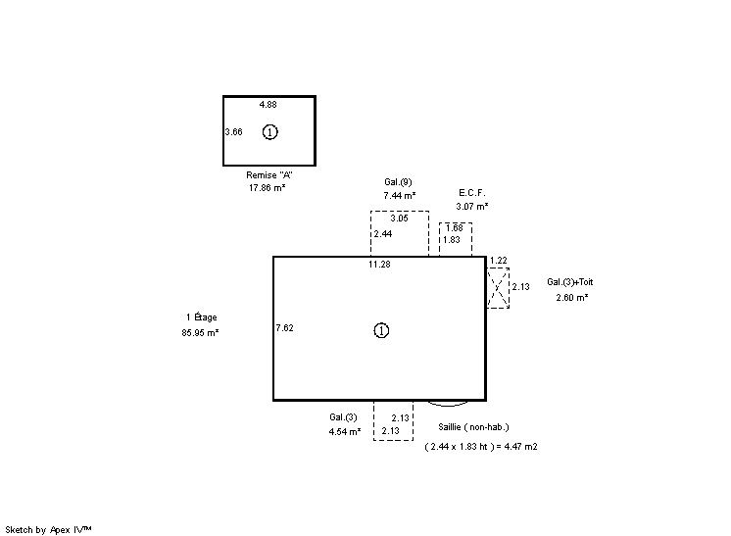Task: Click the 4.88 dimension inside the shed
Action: coord(268,105)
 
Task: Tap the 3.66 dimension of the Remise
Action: coord(233,132)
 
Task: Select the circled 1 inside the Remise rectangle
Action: coord(269,132)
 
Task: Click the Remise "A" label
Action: coord(269,174)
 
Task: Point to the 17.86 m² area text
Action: coord(267,187)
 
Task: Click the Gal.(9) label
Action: coord(398,182)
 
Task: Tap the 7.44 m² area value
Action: coord(400,195)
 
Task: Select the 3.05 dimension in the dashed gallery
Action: coord(399,219)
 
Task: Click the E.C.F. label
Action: coord(471,192)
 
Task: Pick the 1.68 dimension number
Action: coord(455,228)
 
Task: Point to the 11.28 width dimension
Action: coord(379,265)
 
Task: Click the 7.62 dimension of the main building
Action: coord(284,327)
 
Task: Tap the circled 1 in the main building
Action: coord(381,330)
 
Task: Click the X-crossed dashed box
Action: coord(498,287)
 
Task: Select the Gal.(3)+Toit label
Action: coord(569,282)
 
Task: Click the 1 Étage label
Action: coord(202,317)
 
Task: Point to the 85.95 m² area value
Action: coord(200,333)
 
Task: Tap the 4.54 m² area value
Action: coord(345,431)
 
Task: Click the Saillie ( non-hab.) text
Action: coord(473,427)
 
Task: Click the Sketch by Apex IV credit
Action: coord(48,530)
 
